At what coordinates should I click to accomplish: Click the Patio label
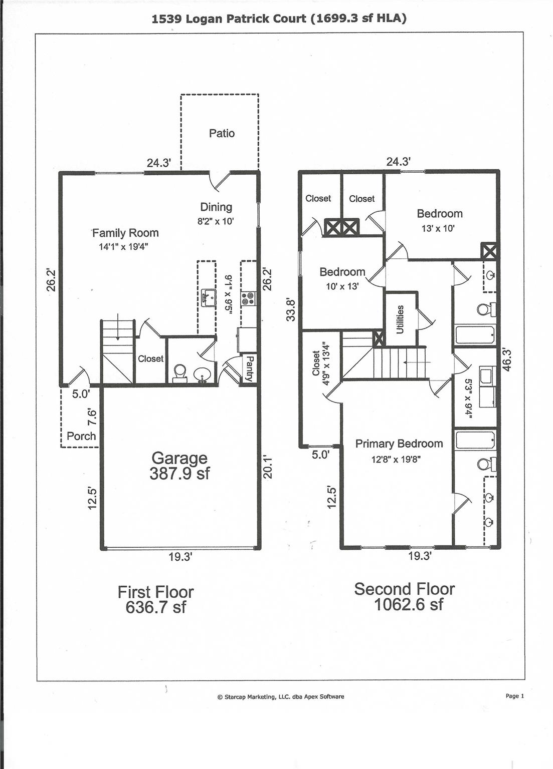point(222,133)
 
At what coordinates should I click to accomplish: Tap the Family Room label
point(125,233)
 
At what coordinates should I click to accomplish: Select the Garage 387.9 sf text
point(179,466)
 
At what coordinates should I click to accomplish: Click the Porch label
point(81,436)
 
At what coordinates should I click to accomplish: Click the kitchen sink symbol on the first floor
point(208,297)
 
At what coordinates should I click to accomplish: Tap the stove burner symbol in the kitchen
point(248,299)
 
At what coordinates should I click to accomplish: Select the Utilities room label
point(400,319)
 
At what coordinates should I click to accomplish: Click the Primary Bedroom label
point(399,444)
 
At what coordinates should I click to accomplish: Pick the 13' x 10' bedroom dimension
point(438,228)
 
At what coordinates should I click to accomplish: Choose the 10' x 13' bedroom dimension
point(342,287)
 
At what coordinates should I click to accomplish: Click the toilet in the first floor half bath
point(179,372)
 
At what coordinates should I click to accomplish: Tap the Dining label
point(216,207)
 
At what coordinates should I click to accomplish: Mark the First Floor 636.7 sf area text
point(155,599)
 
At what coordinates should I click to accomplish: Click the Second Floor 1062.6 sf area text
point(405,596)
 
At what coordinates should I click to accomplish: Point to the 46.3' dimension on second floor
point(506,359)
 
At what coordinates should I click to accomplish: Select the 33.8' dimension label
point(291,309)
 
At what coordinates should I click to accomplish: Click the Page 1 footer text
point(514,696)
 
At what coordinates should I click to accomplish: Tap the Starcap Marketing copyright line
point(281,696)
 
